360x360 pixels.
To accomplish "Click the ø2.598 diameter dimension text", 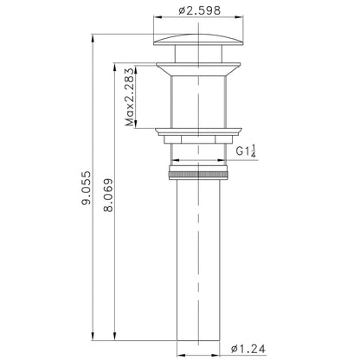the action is click(x=199, y=10).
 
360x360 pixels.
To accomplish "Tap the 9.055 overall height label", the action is click(x=87, y=188).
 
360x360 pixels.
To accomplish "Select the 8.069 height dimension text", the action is click(x=108, y=196).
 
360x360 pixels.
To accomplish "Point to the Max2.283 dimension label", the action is click(x=130, y=97).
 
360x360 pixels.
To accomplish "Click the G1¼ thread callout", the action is click(x=246, y=151).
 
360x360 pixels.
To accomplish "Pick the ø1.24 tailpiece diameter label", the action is click(x=248, y=349).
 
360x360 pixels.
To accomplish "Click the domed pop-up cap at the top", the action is click(x=198, y=40).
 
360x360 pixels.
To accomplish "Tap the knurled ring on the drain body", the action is click(x=198, y=175).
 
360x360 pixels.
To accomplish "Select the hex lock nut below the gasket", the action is click(x=198, y=139).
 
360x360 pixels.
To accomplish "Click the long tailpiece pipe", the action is click(x=198, y=260).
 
